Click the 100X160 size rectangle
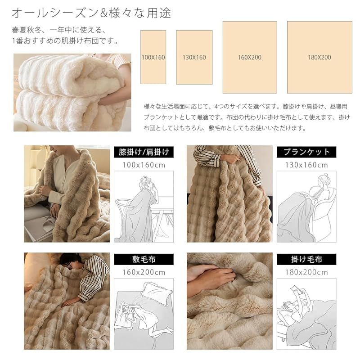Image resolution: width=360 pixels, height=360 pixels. tap(153, 57)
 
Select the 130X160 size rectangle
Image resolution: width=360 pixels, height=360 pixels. tap(194, 57)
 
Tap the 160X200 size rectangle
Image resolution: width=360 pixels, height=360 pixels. tap(250, 57)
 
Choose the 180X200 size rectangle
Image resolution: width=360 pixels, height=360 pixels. tap(319, 57)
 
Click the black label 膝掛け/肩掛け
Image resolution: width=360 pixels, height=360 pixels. tap(144, 152)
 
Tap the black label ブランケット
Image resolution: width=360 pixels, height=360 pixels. tap(306, 152)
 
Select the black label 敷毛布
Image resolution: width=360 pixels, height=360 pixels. tap(144, 260)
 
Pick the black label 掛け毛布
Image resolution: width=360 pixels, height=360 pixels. tap(306, 260)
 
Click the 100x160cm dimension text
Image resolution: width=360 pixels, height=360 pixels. tap(144, 165)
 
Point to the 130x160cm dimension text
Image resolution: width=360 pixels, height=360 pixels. tap(306, 165)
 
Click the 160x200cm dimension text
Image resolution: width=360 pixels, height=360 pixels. tap(144, 272)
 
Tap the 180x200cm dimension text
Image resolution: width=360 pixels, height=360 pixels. tap(306, 272)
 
